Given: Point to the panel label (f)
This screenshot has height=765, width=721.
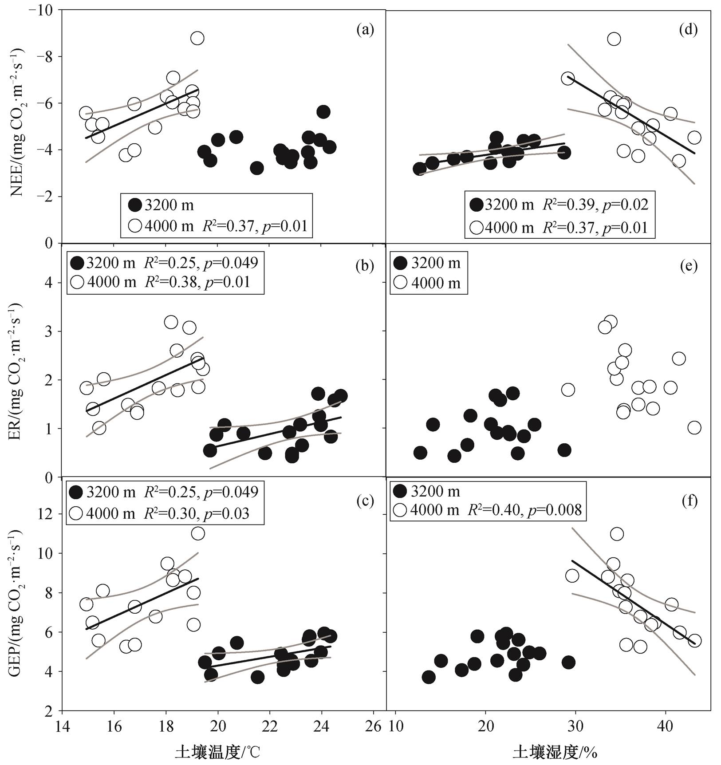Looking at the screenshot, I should pyautogui.click(x=689, y=501).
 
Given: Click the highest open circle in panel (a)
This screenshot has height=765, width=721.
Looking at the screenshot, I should pyautogui.click(x=197, y=39).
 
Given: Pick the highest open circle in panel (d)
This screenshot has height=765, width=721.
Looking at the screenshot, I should pyautogui.click(x=614, y=39).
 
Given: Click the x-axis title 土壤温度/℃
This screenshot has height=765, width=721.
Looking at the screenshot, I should pyautogui.click(x=217, y=752).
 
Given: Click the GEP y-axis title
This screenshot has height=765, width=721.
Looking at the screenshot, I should pyautogui.click(x=18, y=602).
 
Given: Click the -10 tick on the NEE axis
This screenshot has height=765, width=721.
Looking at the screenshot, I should pyautogui.click(x=40, y=10).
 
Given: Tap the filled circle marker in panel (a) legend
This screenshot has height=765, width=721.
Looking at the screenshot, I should pyautogui.click(x=134, y=205).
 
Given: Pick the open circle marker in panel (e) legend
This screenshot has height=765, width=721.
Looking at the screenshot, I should pyautogui.click(x=400, y=283).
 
